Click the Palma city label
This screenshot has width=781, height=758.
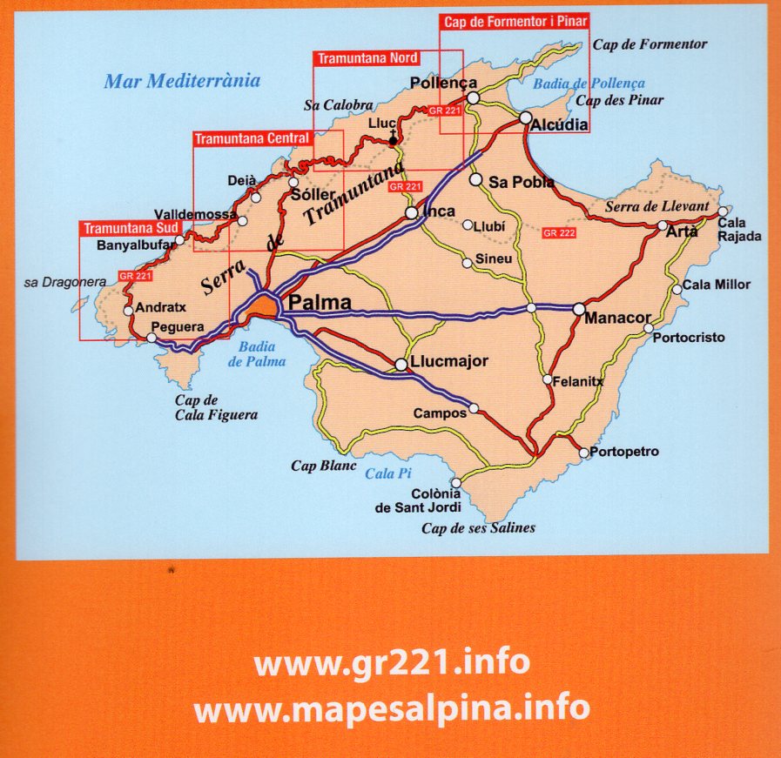pyautogui.click(x=320, y=304)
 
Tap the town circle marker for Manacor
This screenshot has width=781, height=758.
pyautogui.click(x=579, y=308)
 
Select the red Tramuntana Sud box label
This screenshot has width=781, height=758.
pyautogui.click(x=131, y=229)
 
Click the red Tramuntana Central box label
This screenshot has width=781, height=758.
pyautogui.click(x=252, y=138)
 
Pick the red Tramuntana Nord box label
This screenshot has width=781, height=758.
pyautogui.click(x=367, y=58)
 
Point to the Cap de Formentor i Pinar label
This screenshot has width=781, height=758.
pyautogui.click(x=514, y=22)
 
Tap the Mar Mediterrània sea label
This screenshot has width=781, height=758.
pyautogui.click(x=182, y=81)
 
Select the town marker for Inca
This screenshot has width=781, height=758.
pyautogui.click(x=411, y=212)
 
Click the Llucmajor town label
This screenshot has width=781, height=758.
pyautogui.click(x=449, y=362)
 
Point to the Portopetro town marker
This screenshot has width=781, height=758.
pyautogui.click(x=583, y=453)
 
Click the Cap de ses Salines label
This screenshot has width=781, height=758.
pyautogui.click(x=478, y=527)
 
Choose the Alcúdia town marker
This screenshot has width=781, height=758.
pyautogui.click(x=525, y=117)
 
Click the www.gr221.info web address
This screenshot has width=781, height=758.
pyautogui.click(x=391, y=663)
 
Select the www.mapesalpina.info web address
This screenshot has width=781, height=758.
pyautogui.click(x=391, y=708)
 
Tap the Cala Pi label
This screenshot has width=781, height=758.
pyautogui.click(x=387, y=473)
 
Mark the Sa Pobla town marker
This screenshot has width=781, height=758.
pyautogui.click(x=475, y=179)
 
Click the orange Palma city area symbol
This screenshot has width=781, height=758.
pyautogui.click(x=261, y=305)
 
